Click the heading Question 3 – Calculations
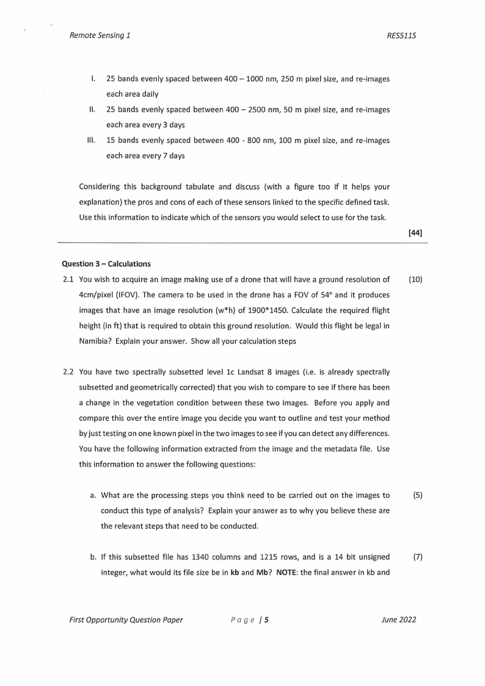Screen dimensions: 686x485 tap(106, 264)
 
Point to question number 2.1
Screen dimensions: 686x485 tap(68, 280)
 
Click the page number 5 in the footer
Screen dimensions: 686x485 tap(267, 619)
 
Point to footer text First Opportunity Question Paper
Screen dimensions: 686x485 tap(125, 619)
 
